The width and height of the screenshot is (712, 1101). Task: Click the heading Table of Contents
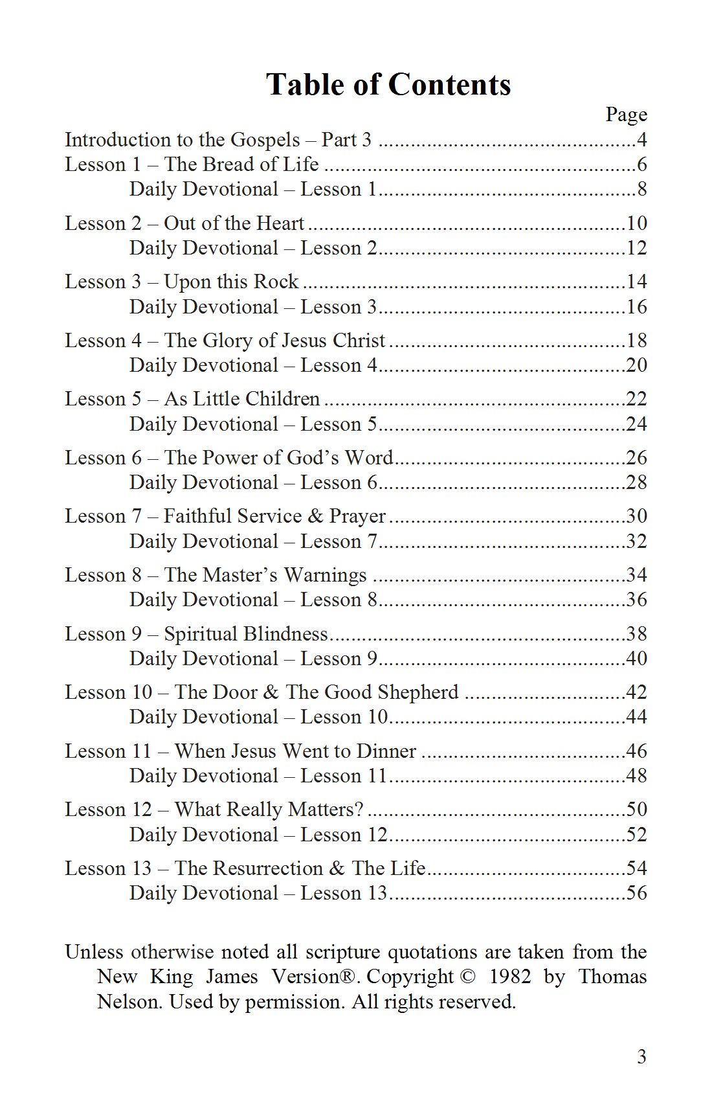coord(388,85)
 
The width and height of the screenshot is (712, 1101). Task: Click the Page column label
coord(626,115)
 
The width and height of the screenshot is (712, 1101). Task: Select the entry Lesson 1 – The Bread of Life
coord(192,165)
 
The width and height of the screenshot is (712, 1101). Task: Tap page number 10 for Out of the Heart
coord(637,223)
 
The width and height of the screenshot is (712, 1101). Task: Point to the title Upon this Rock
coord(231,282)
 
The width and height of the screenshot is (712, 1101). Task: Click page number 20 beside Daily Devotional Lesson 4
coord(637,365)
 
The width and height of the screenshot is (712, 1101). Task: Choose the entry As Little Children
coord(241,399)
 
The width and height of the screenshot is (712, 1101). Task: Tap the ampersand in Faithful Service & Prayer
coord(316,516)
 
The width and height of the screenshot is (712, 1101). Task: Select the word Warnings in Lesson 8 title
coord(326,575)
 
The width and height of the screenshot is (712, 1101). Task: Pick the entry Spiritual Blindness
coord(246,634)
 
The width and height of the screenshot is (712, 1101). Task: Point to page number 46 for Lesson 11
coord(637,751)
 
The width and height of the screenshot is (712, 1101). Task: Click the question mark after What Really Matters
coord(359,810)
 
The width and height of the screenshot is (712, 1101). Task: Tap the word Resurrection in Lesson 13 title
coord(268,868)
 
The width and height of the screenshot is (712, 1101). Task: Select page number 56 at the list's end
coord(637,893)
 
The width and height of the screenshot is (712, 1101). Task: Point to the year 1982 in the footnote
coord(510,977)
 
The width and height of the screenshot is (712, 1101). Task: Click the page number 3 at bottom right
coord(641,1057)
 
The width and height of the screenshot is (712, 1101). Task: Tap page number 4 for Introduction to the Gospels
coord(642,140)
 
